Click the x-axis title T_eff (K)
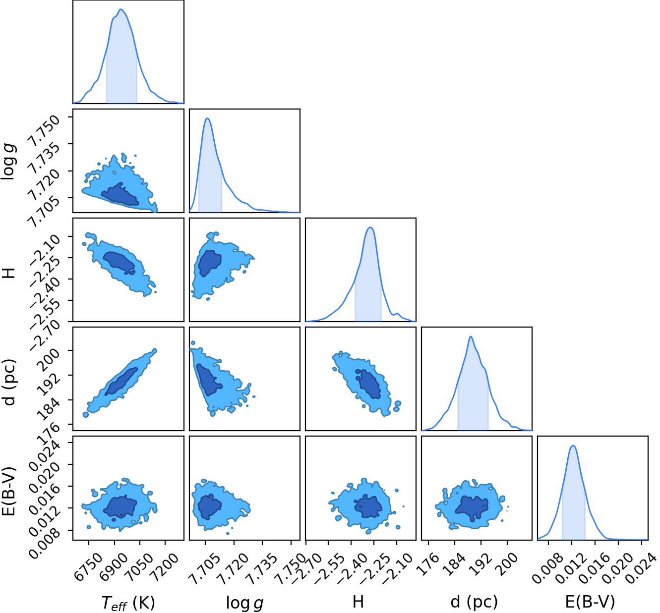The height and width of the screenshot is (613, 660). coord(128,602)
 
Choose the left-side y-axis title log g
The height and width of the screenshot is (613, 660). coord(8,162)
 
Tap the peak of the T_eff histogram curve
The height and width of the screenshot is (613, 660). coord(120,9)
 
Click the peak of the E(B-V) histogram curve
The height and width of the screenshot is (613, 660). coord(572,446)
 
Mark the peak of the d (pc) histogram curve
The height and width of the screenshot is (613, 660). coord(471,336)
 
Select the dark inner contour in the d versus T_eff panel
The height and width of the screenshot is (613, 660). coord(121,382)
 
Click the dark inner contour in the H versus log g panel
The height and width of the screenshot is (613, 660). coord(210,263)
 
